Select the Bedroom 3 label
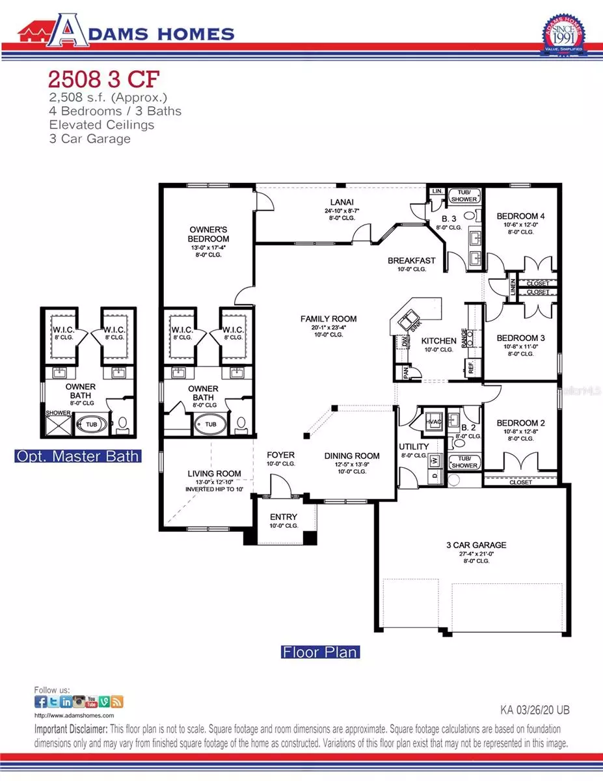[520, 338]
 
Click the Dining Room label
[352, 456]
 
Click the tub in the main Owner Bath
[211, 424]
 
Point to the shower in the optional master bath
[57, 424]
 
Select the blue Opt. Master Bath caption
[77, 456]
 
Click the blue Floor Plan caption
[320, 651]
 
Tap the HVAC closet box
[433, 421]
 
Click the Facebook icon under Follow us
[40, 702]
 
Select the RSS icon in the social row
[117, 702]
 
